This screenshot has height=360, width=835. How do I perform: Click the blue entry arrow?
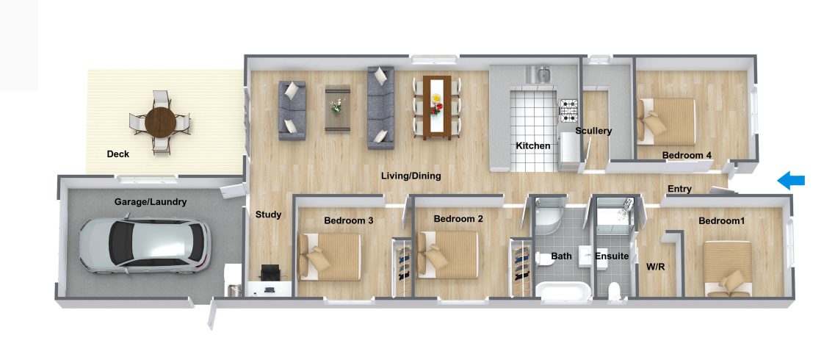pyautogui.click(x=791, y=181)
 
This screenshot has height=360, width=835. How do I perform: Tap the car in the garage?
pyautogui.click(x=145, y=245)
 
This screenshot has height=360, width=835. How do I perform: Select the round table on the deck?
pyautogui.click(x=160, y=123)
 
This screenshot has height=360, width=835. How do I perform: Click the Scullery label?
pyautogui.click(x=593, y=131)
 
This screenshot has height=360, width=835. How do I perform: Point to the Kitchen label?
pyautogui.click(x=532, y=145)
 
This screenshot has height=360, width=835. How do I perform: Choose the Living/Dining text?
pyautogui.click(x=411, y=176)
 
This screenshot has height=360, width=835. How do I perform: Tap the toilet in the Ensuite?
pyautogui.click(x=615, y=289)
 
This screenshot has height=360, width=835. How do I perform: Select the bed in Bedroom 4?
pyautogui.click(x=666, y=121)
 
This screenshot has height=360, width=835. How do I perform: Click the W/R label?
pyautogui.click(x=655, y=267)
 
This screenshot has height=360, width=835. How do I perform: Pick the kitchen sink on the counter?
pyautogui.click(x=537, y=74)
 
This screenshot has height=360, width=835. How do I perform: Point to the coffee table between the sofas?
pyautogui.click(x=338, y=109)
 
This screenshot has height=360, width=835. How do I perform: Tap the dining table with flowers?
pyautogui.click(x=437, y=107)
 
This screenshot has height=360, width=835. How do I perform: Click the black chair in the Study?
pyautogui.click(x=270, y=272)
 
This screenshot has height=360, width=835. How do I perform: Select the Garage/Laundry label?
pyautogui.click(x=150, y=202)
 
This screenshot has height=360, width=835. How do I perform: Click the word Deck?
pyautogui.click(x=118, y=154)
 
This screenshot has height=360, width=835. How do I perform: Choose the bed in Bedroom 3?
pyautogui.click(x=329, y=256)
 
